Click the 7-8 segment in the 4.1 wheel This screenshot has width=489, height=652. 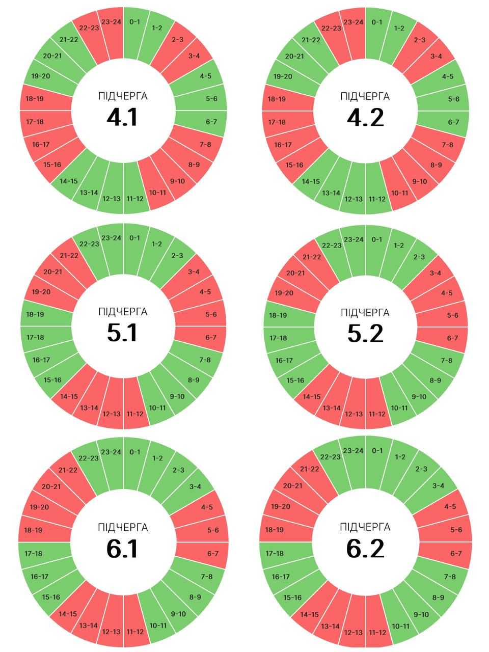tap(205, 145)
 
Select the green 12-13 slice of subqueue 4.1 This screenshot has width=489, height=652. tap(112, 198)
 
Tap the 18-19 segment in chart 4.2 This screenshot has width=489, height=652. tap(277, 99)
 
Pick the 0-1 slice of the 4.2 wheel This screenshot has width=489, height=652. tap(377, 22)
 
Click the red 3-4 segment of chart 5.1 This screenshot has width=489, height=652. tap(194, 272)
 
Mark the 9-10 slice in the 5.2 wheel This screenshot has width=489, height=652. tap(419, 397)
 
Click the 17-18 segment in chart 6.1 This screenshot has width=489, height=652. tap(34, 553)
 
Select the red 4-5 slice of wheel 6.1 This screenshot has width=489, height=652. tap(206, 507)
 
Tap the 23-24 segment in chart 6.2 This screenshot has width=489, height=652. tap(354, 451)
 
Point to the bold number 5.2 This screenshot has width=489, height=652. tap(365, 334)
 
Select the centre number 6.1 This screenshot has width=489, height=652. tap(123, 549)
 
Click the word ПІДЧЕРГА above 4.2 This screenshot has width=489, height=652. tap(365, 97)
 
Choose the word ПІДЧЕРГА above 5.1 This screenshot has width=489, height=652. tap(123, 312)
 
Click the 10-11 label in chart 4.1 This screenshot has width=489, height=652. tap(157, 193)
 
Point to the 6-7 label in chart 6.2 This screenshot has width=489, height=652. tap(456, 553)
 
